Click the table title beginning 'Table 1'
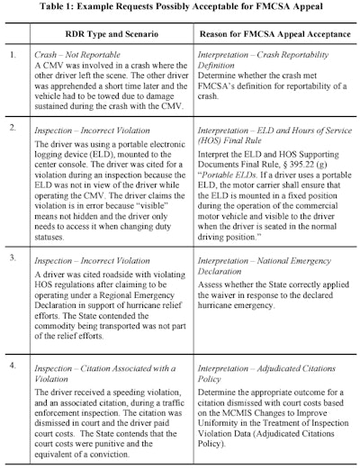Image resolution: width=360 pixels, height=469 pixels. coord(180,9)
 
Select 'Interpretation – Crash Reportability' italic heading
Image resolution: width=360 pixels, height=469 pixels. coord(261,56)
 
